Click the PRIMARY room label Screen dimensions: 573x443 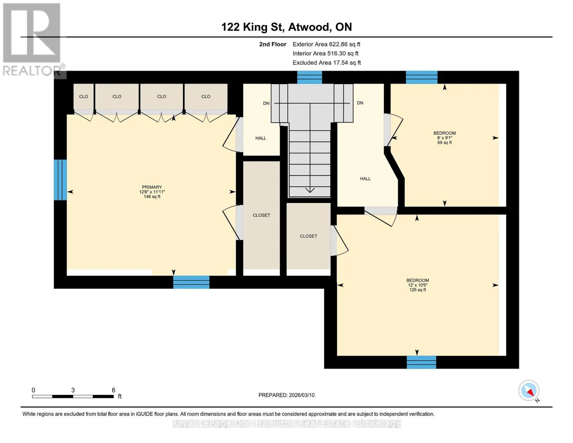[x=152, y=187]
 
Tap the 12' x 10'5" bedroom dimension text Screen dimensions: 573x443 [x=417, y=285]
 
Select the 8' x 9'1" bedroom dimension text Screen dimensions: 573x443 [x=444, y=138]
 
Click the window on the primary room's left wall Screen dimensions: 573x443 [x=60, y=180]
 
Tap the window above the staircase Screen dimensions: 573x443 [x=310, y=77]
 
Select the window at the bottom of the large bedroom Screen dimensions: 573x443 [x=421, y=362]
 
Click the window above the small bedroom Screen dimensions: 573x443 [x=421, y=77]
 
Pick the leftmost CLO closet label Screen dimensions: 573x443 [x=83, y=97]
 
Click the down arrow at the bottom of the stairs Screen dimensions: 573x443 [x=310, y=190]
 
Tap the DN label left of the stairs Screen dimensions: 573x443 [x=266, y=103]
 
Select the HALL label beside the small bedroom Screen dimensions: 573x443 [x=365, y=179]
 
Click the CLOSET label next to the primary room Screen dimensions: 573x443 [x=261, y=215]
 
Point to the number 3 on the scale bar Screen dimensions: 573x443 [x=73, y=390]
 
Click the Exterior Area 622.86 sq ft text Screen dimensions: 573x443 [x=326, y=44]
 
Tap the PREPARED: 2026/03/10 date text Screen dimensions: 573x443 [x=286, y=395]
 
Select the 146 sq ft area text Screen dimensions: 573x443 [x=152, y=196]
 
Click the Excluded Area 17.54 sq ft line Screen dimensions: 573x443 [x=327, y=62]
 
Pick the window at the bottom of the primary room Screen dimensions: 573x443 [x=191, y=282]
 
